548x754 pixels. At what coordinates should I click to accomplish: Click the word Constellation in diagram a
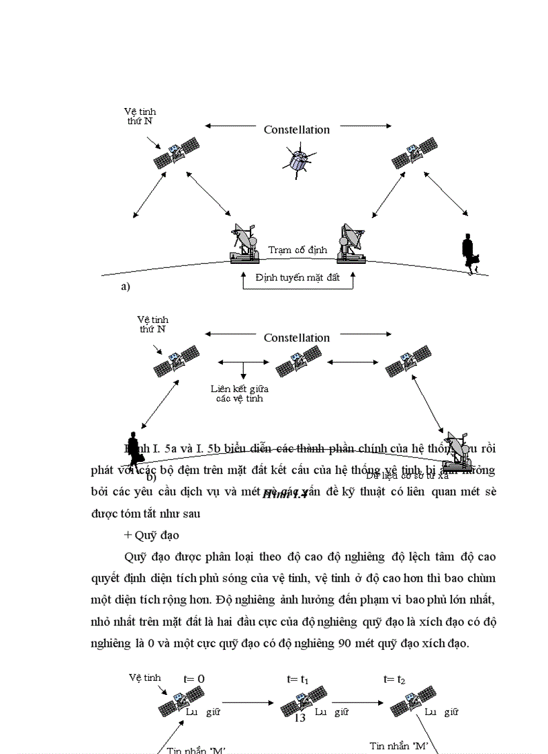pos(296,130)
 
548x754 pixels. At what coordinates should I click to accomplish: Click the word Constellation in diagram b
pos(296,338)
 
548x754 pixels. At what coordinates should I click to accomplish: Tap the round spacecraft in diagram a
pos(298,162)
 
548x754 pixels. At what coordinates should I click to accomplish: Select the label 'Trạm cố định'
pos(298,250)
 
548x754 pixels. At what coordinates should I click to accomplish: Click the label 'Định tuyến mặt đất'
pos(298,277)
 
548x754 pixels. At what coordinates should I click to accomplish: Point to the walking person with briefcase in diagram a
pos(470,254)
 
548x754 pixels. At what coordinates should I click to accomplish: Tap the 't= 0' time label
pos(193,679)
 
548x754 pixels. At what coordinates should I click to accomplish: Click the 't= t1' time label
pos(298,679)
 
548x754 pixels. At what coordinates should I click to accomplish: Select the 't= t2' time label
pos(394,679)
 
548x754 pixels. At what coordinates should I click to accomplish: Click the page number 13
pos(300,718)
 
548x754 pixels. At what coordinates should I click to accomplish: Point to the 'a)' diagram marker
pos(125,287)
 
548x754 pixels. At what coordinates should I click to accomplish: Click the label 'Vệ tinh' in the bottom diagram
pos(145,678)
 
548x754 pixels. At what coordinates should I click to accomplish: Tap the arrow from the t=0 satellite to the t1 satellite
pos(248,704)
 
